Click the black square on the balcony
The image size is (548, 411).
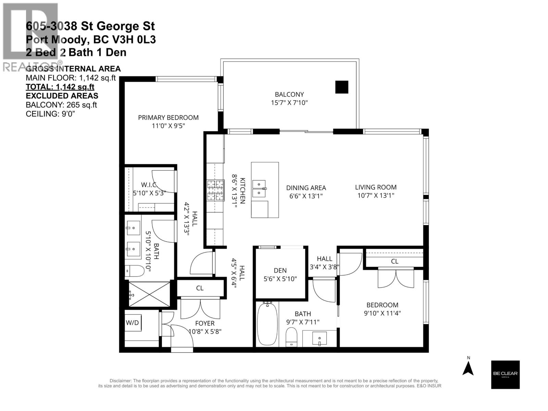coord(341,87)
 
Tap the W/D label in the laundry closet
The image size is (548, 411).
coord(132,323)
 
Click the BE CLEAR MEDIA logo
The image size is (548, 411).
coord(505,374)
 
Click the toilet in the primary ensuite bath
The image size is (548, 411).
coord(134,271)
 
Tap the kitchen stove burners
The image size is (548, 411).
coord(215,190)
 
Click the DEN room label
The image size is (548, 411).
coord(280,270)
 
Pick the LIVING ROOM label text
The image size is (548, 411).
coord(376,187)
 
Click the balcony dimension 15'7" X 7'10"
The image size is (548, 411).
coord(289,102)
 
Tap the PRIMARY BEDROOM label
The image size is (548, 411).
coord(168,117)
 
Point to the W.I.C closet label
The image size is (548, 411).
coord(149,185)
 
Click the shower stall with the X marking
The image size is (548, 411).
coord(149,294)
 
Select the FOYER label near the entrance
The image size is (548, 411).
coord(205,323)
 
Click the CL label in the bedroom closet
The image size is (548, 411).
coord(395,261)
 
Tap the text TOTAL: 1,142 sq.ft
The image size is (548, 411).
coord(60,87)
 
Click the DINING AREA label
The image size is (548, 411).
coord(306,188)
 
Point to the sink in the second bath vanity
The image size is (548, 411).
coord(319,338)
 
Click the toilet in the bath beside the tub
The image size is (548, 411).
coord(291,336)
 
